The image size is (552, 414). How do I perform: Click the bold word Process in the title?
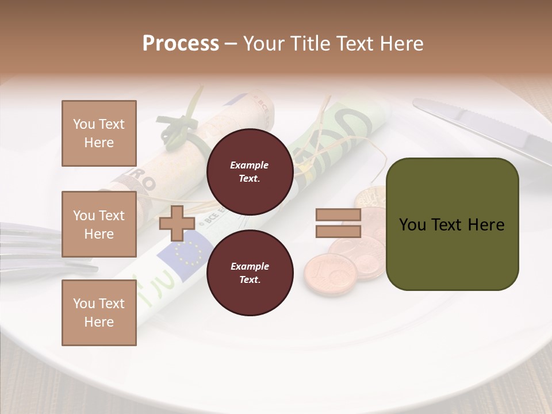tap(181, 43)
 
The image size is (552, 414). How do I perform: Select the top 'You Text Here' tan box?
tap(99, 133)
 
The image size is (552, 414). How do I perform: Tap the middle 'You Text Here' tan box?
tap(99, 224)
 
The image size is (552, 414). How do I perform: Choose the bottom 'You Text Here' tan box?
tap(99, 312)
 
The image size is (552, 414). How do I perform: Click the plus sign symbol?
tap(177, 223)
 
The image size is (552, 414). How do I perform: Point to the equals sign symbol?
tap(338, 223)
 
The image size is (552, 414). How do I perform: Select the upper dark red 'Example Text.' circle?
tap(250, 171)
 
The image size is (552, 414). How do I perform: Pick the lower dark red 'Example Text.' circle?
tap(250, 273)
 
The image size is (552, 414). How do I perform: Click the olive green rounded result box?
tap(452, 224)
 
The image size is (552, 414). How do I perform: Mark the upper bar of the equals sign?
tap(338, 215)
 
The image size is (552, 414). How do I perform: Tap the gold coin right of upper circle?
tap(371, 198)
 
